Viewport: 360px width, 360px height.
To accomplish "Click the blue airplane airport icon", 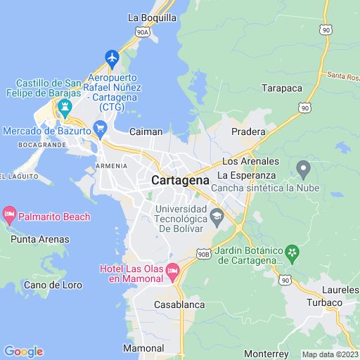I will tap(112, 56).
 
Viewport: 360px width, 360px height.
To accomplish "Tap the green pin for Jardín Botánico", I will tap(293, 251).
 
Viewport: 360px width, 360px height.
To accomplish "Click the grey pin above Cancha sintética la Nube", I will tap(304, 169).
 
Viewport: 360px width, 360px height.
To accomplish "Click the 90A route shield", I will tap(143, 32).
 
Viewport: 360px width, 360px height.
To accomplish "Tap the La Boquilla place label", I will tap(152, 18).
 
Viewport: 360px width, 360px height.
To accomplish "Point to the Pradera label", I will tap(249, 131).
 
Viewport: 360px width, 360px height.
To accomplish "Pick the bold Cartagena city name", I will tap(180, 180).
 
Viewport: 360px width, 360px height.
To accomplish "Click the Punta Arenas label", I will tap(40, 239).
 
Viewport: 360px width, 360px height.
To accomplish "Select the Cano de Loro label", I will tap(53, 285).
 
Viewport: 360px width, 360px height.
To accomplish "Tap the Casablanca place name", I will tap(179, 304).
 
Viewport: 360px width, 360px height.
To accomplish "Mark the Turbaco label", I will tap(323, 302).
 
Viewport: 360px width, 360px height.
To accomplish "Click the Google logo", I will tap(23, 352).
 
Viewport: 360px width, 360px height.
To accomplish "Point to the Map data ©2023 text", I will tap(330, 354).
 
